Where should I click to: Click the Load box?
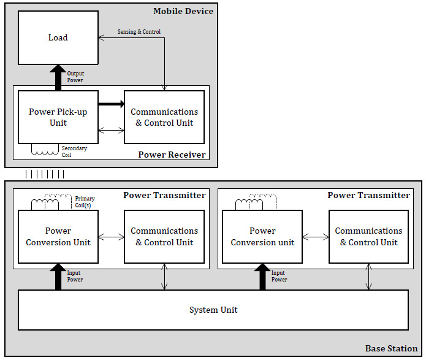point(58,37)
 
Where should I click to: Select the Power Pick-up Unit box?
point(58,117)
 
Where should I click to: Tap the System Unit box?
point(213,310)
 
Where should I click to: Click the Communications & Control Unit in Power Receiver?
point(164,117)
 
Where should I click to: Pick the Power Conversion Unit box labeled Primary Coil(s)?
point(58,237)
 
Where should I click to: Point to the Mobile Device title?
point(183,11)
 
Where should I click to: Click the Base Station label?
point(391,348)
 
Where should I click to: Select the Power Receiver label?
point(172,155)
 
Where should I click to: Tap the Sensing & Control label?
point(139,31)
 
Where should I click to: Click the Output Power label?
point(75,77)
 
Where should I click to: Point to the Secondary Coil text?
point(74,151)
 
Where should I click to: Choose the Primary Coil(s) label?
point(85,202)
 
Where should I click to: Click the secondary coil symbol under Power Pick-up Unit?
point(45,153)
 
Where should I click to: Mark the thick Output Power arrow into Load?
point(58,78)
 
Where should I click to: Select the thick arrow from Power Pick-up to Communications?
point(112,104)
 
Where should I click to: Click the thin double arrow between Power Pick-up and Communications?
point(112,131)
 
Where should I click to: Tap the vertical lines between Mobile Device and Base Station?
point(45,174)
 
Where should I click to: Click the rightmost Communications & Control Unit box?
point(368,237)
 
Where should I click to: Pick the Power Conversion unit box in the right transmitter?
point(262,237)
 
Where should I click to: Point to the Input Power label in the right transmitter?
point(279,276)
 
